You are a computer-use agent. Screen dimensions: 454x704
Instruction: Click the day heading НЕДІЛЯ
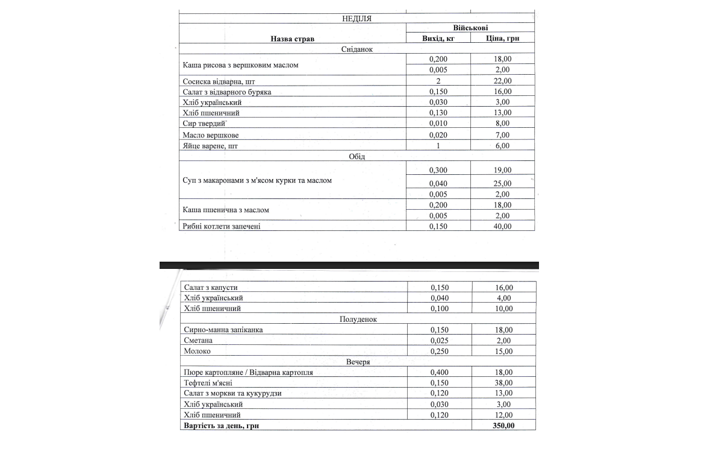(x=357, y=18)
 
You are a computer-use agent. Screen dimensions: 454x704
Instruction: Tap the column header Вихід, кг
(x=438, y=39)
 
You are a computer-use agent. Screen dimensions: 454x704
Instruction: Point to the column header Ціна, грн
(x=502, y=39)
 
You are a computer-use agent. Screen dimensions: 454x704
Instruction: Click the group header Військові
(x=470, y=28)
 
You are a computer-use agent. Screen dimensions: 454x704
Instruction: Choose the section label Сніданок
(x=357, y=49)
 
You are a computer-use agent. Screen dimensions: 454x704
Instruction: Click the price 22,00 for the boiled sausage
(x=502, y=81)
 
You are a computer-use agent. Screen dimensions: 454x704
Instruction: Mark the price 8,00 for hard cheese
(x=502, y=124)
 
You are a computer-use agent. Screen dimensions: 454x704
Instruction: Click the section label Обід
(x=357, y=156)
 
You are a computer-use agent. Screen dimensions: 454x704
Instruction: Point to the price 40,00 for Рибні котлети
(x=502, y=226)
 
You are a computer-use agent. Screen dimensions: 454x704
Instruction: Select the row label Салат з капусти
(x=210, y=288)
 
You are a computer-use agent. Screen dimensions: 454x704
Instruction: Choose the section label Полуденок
(x=358, y=319)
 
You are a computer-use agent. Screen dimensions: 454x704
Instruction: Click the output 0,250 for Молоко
(x=440, y=351)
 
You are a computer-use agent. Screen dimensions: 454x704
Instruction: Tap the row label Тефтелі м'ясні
(x=208, y=383)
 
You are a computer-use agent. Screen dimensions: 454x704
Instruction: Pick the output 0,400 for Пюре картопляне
(x=440, y=372)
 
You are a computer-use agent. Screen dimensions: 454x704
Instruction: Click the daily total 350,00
(x=503, y=426)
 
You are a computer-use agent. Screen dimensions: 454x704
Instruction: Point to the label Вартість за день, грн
(x=222, y=426)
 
